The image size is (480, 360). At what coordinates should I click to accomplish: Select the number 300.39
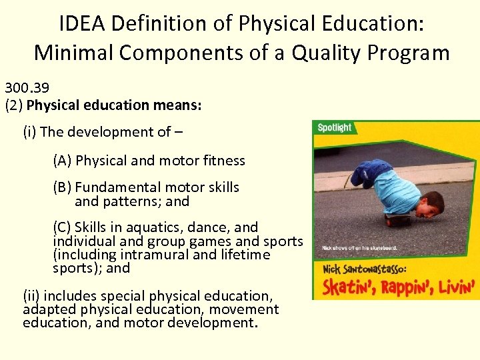(x=27, y=87)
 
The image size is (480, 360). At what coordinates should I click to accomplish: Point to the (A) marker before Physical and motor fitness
(x=63, y=161)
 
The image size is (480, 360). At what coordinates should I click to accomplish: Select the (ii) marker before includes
(x=31, y=295)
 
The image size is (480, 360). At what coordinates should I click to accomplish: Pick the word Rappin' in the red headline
(x=407, y=287)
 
